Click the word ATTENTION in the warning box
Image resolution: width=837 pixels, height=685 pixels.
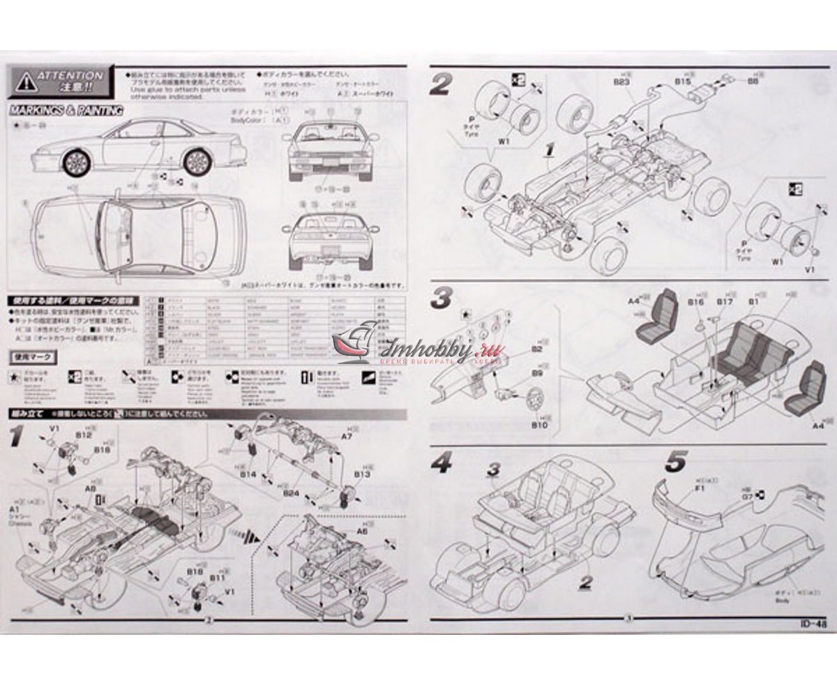click(x=70, y=75)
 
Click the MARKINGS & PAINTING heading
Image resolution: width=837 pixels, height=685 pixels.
click(x=66, y=110)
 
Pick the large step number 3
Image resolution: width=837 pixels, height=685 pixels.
click(x=442, y=299)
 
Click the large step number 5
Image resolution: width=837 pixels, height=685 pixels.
click(x=676, y=461)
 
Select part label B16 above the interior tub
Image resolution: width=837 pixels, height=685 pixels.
click(x=695, y=302)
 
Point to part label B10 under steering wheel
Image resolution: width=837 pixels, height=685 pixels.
click(x=540, y=423)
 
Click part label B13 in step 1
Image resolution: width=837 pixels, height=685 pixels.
click(x=361, y=474)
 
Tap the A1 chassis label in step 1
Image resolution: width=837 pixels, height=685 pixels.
click(x=15, y=510)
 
